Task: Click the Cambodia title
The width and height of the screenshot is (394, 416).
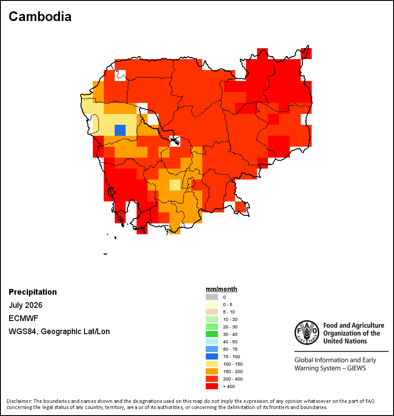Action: click(x=40, y=17)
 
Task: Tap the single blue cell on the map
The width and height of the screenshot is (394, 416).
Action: click(x=120, y=130)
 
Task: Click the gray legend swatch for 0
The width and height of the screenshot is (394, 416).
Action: click(x=212, y=297)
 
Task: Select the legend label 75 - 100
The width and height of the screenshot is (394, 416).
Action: click(x=231, y=356)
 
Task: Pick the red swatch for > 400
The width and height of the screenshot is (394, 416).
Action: click(x=212, y=386)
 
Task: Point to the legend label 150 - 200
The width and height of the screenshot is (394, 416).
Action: click(x=233, y=371)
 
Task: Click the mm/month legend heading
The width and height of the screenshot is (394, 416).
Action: click(x=221, y=289)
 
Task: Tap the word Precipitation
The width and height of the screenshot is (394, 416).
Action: click(x=33, y=292)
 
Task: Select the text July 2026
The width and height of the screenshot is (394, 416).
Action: click(x=25, y=305)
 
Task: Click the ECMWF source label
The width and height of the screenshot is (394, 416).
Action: click(x=23, y=318)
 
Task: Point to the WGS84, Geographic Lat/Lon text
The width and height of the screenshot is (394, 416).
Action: click(x=59, y=331)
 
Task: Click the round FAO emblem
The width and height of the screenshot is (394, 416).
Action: click(x=307, y=332)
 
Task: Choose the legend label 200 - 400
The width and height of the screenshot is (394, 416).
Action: click(x=233, y=379)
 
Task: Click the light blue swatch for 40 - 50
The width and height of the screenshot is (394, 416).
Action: click(x=212, y=342)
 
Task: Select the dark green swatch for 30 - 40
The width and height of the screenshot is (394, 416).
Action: click(x=212, y=334)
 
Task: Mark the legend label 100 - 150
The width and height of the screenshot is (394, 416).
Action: click(x=233, y=364)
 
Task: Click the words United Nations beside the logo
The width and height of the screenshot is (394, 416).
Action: click(x=345, y=341)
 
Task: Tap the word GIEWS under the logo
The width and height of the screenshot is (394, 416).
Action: click(x=356, y=368)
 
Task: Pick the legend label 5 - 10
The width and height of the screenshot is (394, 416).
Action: click(x=229, y=312)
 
